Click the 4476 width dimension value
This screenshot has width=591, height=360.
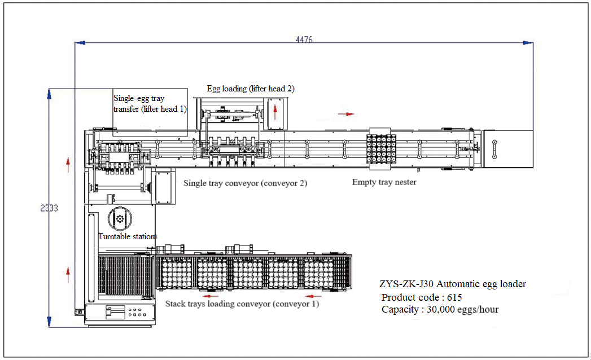coord(304,39)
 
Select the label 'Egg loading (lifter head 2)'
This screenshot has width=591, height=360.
coord(250,89)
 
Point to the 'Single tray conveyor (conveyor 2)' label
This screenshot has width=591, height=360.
coord(245,183)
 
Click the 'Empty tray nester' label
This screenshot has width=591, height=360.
coord(384,182)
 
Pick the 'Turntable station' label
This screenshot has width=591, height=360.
coord(126,236)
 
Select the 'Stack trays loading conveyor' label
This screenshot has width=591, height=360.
coord(242,304)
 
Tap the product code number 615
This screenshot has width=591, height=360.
coord(454,297)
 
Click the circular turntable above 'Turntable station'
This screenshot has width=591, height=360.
coord(119,218)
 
